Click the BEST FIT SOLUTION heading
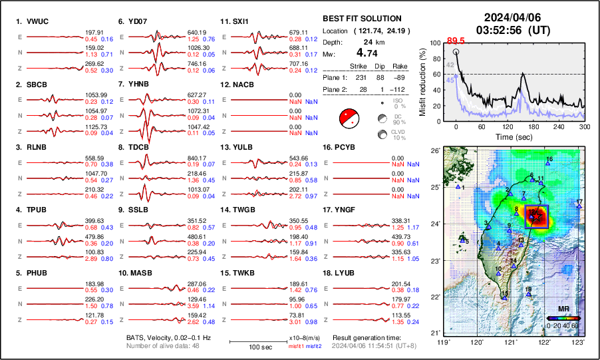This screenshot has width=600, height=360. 361,19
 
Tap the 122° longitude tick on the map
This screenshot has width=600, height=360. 545,341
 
